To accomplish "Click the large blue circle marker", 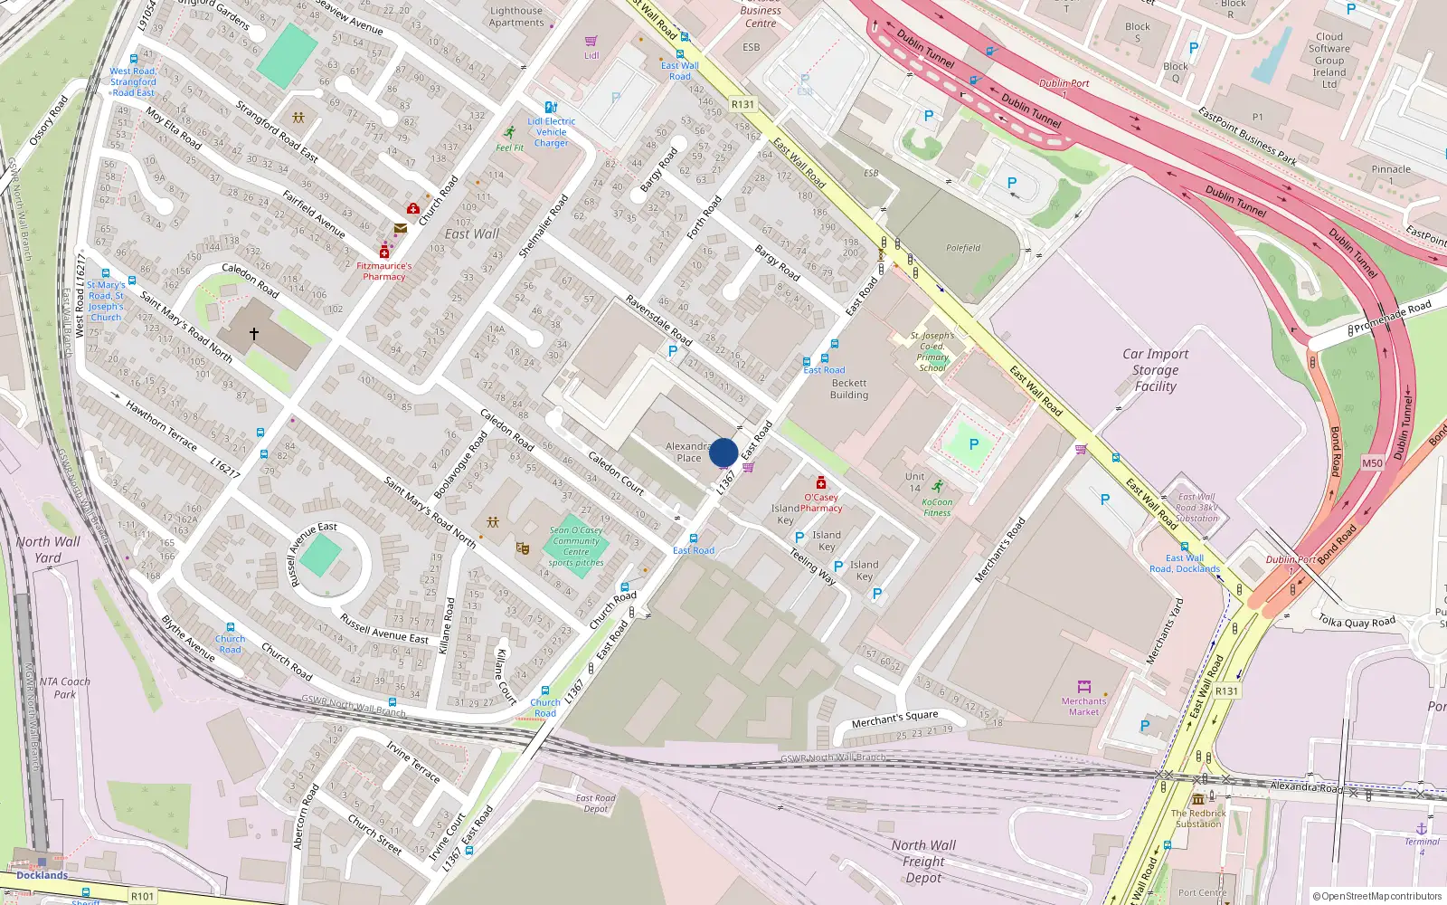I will pyautogui.click(x=723, y=452).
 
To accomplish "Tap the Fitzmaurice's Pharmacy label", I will pyautogui.click(x=383, y=271).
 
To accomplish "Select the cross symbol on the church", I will pyautogui.click(x=254, y=334).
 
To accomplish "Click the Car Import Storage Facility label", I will pyautogui.click(x=1156, y=370).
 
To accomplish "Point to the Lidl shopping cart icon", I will pyautogui.click(x=591, y=42).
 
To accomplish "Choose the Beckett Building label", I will pyautogui.click(x=849, y=389).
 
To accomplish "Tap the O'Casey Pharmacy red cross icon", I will pyautogui.click(x=820, y=483).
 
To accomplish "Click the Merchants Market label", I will pyautogui.click(x=1083, y=707).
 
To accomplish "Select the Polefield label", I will pyautogui.click(x=963, y=248).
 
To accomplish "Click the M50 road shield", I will pyautogui.click(x=1372, y=463).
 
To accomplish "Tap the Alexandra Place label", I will pyautogui.click(x=689, y=452).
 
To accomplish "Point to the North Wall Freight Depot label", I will pyautogui.click(x=923, y=862).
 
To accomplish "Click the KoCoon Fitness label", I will pyautogui.click(x=937, y=508).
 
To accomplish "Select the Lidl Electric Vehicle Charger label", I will pyautogui.click(x=552, y=132).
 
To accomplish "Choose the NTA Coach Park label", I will pyautogui.click(x=65, y=688).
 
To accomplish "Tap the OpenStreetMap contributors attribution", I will pyautogui.click(x=1377, y=897).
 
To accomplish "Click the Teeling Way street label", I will pyautogui.click(x=813, y=566).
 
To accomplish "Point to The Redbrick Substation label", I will pyautogui.click(x=1198, y=818).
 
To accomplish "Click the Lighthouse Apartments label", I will pyautogui.click(x=516, y=16).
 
